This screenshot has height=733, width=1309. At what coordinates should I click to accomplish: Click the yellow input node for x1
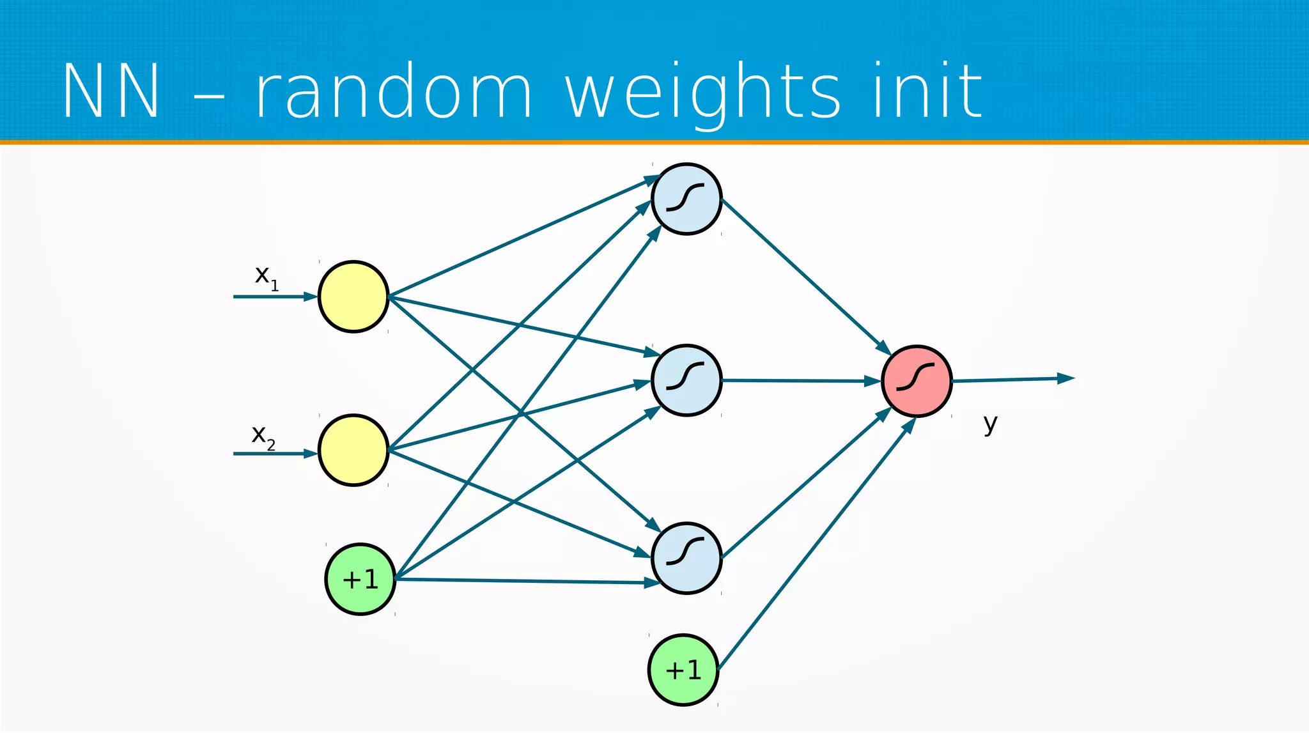353,297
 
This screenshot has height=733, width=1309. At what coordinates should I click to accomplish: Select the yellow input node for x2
353,451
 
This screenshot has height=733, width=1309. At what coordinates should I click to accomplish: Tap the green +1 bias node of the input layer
360,579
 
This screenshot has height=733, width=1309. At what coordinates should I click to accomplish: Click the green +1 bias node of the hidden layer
683,670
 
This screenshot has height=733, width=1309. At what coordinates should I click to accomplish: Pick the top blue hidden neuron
686,199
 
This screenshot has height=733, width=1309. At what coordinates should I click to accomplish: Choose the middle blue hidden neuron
686,380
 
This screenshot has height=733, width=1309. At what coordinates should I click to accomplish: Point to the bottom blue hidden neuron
686,558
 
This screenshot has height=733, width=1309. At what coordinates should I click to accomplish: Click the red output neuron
917,381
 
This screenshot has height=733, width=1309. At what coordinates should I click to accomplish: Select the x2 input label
263,436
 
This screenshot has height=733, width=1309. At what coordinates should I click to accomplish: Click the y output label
990,424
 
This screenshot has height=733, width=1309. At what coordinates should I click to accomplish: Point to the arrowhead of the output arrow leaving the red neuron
1066,378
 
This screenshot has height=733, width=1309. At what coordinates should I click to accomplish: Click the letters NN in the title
111,91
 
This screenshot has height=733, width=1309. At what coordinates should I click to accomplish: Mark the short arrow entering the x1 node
275,297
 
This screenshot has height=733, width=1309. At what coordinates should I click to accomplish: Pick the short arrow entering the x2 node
275,454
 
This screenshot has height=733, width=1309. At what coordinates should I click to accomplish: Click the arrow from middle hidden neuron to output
802,381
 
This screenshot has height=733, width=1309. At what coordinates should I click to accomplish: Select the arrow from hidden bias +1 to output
816,545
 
